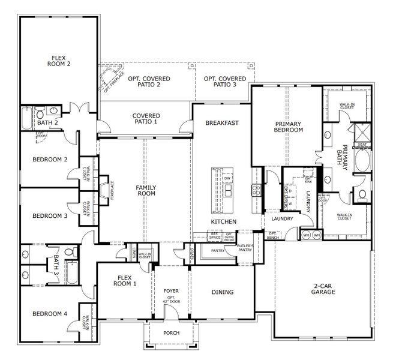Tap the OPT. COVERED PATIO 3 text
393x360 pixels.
tap(224, 82)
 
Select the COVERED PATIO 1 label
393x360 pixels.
tap(145, 118)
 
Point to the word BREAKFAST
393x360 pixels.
tap(222, 123)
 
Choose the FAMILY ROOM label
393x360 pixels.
tap(146, 190)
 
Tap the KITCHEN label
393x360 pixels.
tap(223, 222)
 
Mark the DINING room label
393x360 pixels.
tap(222, 292)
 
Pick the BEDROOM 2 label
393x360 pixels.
tap(49, 160)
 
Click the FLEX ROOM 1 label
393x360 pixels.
tap(124, 281)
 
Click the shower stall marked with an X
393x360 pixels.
tap(363, 131)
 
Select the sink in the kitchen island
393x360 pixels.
tap(227, 191)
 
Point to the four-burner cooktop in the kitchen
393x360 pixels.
tap(256, 191)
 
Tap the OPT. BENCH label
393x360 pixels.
tap(272, 235)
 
